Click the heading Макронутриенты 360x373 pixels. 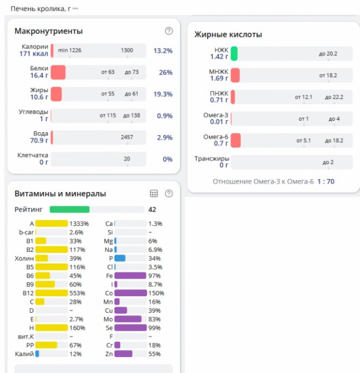[x=48, y=31]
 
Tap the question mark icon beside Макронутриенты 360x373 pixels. [x=168, y=31]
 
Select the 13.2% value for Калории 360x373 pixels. [x=163, y=50]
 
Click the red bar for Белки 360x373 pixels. [x=58, y=72]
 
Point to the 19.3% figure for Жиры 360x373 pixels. [x=163, y=94]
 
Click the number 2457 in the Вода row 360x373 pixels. [x=127, y=137]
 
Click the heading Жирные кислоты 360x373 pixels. [x=228, y=35]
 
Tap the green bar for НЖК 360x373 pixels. [x=234, y=53]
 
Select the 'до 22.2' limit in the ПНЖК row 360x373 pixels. [x=334, y=97]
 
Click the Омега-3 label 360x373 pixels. [x=215, y=115]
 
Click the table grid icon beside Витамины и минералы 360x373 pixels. [x=154, y=194]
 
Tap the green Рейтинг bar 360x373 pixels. [x=70, y=209]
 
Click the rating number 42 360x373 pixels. [x=153, y=209]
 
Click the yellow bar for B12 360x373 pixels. [x=52, y=293]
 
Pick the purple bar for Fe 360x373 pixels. [x=130, y=275]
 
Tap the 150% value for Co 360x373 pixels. [x=156, y=293]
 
